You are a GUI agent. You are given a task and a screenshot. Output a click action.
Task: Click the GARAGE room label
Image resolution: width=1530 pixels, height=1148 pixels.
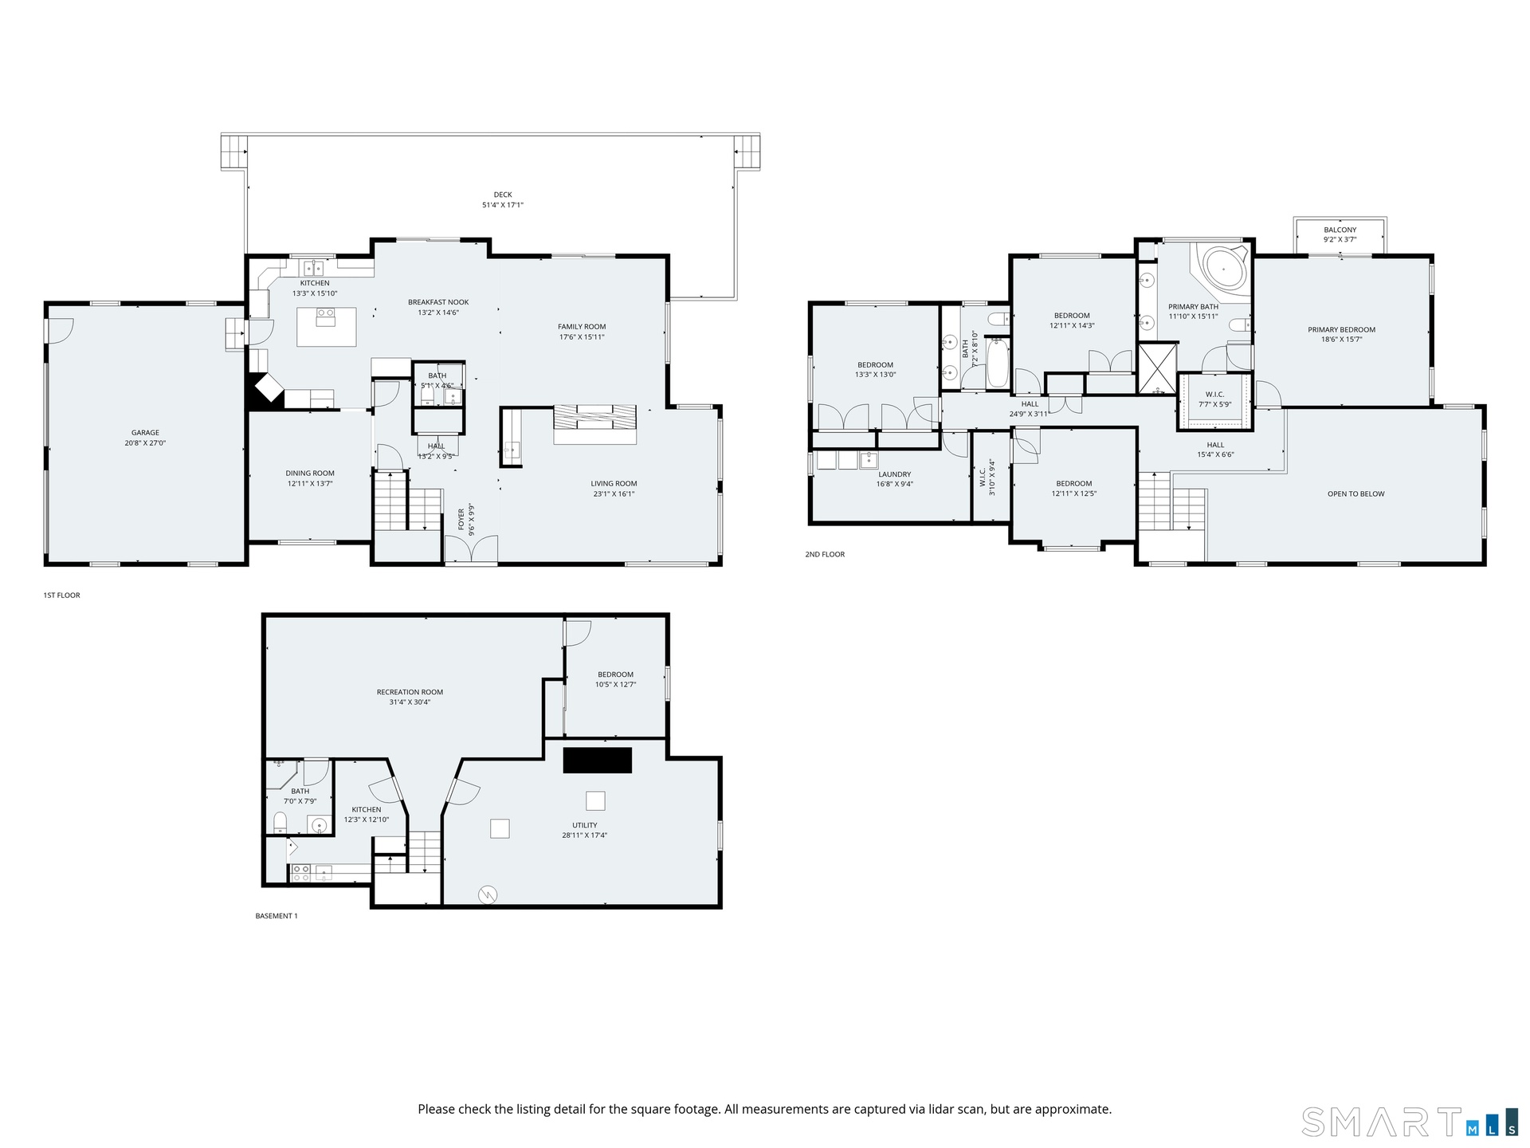click(x=145, y=433)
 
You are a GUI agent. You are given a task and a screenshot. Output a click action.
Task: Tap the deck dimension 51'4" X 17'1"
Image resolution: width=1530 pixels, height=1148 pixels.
click(x=503, y=205)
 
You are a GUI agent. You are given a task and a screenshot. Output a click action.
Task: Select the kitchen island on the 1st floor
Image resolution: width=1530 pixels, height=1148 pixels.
click(x=327, y=327)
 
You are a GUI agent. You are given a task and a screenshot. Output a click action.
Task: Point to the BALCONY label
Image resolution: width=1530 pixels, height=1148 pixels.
click(x=1340, y=230)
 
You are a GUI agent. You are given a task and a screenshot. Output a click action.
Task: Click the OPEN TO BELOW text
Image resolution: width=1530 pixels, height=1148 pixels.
click(x=1356, y=493)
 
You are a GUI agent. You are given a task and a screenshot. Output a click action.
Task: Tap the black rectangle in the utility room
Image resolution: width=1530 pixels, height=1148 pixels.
click(x=598, y=760)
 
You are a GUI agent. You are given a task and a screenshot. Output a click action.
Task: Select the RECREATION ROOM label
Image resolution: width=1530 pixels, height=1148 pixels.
click(x=410, y=692)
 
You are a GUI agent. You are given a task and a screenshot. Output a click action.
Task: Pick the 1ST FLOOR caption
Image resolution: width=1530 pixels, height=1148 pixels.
click(x=61, y=596)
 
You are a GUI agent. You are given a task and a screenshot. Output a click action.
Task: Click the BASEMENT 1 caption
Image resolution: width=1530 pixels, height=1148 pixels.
click(x=277, y=916)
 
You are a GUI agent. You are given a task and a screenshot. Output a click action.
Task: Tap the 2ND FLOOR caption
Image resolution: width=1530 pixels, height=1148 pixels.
click(x=825, y=554)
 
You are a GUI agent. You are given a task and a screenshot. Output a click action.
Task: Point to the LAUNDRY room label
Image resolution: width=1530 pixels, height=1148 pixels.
click(x=894, y=474)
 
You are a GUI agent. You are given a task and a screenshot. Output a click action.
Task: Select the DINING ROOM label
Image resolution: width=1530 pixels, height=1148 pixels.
click(x=310, y=473)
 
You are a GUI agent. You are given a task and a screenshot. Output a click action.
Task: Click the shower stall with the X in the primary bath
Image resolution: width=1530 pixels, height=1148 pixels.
click(x=1157, y=368)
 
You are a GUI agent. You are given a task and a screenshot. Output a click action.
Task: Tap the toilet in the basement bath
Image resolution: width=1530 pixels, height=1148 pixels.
click(x=280, y=821)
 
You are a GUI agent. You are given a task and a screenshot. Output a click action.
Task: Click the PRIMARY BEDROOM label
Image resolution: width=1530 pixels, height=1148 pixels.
click(x=1341, y=329)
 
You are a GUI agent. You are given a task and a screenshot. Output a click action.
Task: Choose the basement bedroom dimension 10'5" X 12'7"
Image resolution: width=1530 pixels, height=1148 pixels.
click(x=615, y=685)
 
